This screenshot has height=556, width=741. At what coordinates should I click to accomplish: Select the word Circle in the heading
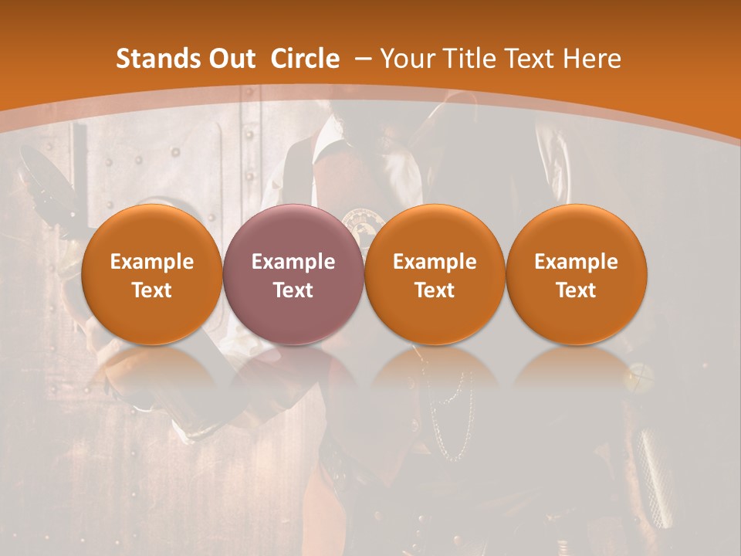click(x=305, y=59)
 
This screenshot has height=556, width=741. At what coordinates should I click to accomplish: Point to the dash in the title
click(x=360, y=59)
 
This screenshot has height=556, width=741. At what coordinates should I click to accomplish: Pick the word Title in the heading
click(x=469, y=59)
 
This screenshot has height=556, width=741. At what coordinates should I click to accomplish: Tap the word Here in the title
click(x=591, y=59)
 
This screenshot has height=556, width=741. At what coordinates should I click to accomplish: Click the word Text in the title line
click(x=530, y=59)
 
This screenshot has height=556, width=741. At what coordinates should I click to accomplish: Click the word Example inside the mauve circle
click(x=293, y=262)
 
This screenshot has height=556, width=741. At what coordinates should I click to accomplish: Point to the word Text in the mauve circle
click(x=293, y=290)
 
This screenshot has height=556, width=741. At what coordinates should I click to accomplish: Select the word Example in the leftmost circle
click(x=151, y=262)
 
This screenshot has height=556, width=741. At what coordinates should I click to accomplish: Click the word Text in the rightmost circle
click(x=576, y=290)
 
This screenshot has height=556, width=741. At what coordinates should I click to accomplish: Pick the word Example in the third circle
click(x=435, y=262)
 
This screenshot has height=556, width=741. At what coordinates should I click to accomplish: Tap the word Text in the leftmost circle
click(x=151, y=290)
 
